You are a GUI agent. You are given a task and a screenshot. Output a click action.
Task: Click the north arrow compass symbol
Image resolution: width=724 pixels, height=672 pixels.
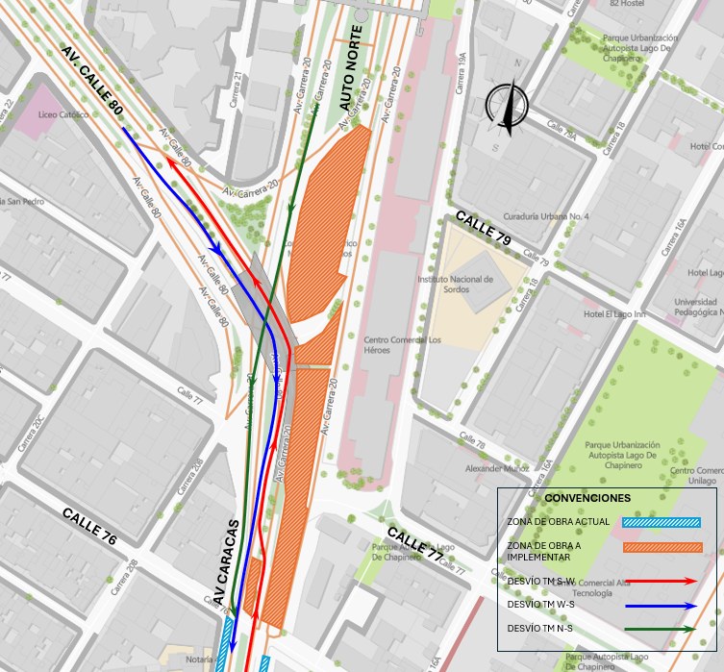point(507,106)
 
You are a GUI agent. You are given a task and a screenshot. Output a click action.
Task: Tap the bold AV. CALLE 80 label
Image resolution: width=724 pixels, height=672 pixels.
point(92,81)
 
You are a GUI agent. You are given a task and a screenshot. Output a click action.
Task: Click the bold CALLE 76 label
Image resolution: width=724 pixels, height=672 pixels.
point(89,527)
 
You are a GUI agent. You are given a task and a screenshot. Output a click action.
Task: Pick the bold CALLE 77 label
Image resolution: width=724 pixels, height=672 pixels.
point(415,545)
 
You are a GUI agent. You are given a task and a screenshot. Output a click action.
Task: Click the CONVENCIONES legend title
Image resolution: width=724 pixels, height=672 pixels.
point(587,498)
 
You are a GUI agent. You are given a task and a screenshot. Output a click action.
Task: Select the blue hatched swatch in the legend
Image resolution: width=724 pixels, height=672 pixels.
point(662,523)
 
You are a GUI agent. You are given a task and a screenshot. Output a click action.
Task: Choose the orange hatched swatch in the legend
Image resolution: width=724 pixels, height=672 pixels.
point(662,548)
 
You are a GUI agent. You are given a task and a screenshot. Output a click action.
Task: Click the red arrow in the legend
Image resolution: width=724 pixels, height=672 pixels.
point(662,581)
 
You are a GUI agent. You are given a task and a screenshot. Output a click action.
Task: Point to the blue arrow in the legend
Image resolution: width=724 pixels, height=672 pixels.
point(662,606)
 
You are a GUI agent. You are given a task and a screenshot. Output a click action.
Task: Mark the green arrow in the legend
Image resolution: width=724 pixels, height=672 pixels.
point(662,629)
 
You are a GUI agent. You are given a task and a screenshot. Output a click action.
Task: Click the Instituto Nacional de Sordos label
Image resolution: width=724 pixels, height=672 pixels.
point(455,284)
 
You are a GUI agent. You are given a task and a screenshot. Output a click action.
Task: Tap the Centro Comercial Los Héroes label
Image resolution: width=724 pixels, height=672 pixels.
point(402,344)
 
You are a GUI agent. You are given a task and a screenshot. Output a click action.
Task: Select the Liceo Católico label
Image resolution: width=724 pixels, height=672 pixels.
point(62,114)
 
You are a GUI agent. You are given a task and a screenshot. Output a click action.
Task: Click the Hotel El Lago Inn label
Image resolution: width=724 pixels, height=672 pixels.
point(613,314)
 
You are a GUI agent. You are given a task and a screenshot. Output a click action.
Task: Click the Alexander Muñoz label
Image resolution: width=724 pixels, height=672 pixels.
point(497,469)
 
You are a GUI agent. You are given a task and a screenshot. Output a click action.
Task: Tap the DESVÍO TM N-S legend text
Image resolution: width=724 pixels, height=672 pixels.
point(539,629)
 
